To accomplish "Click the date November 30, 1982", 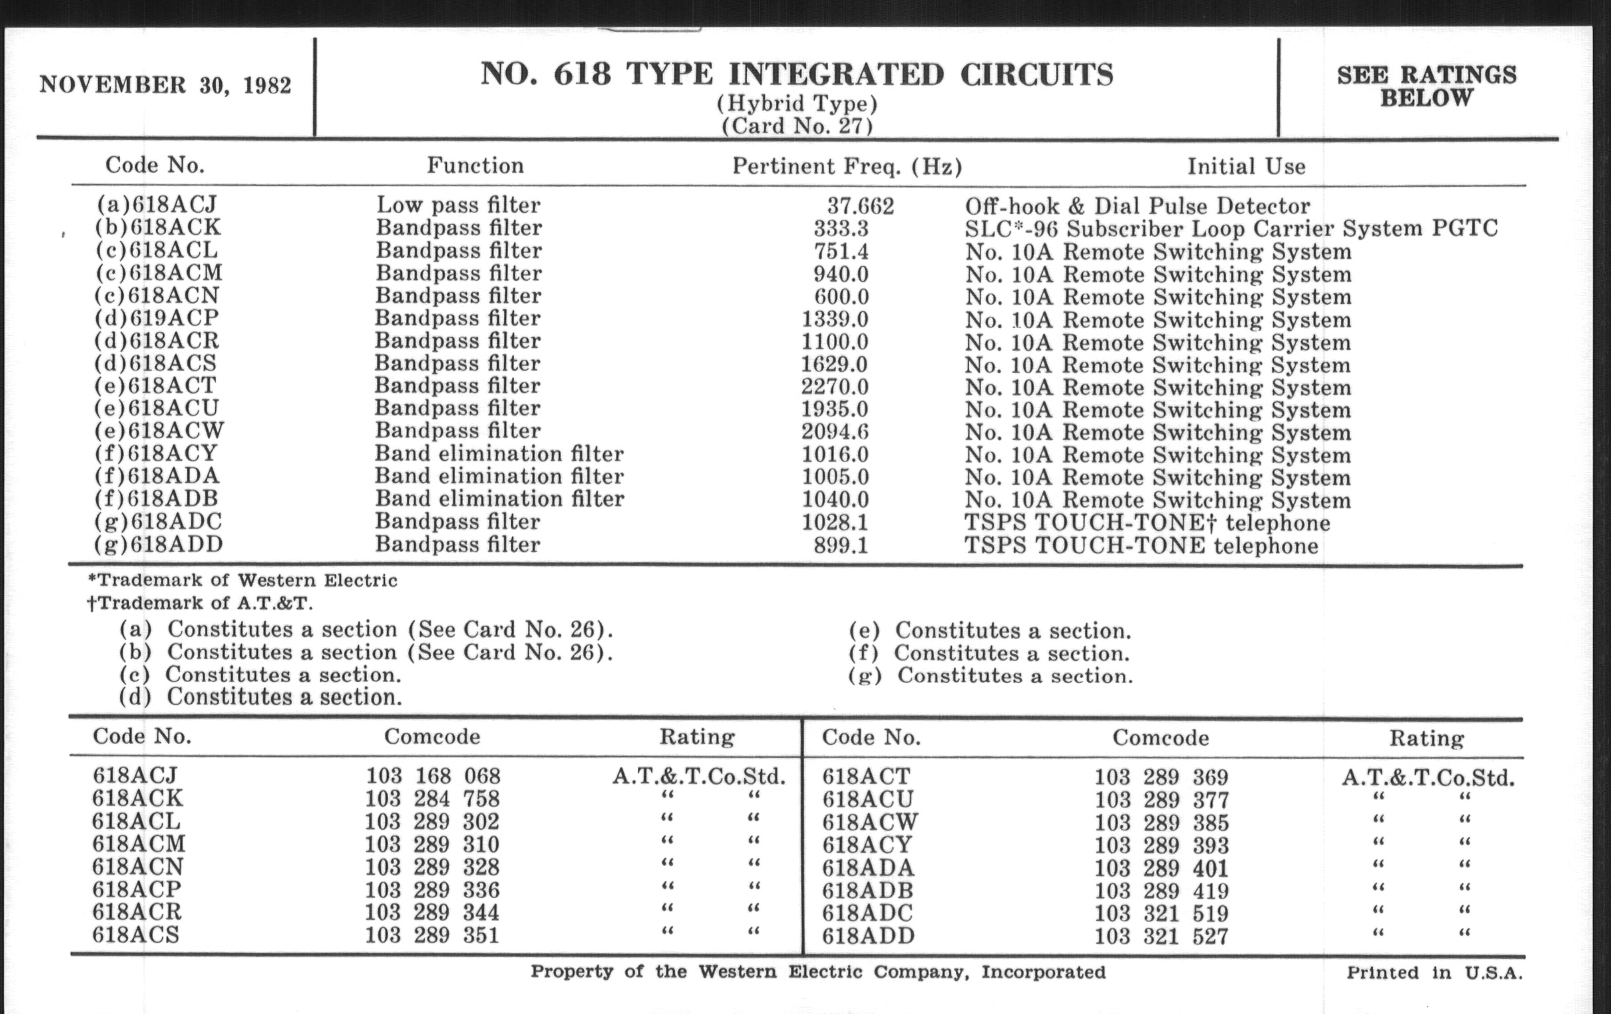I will [165, 85].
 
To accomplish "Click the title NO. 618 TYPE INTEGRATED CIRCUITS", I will [796, 74].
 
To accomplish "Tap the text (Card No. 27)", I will [796, 126].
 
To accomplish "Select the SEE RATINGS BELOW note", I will [1426, 86].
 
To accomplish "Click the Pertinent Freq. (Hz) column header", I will [847, 166].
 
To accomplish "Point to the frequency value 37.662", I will [860, 205].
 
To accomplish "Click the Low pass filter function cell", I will [458, 205].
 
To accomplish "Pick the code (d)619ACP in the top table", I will [156, 318].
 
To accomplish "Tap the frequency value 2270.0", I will [835, 386].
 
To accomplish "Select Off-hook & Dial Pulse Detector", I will [1137, 205].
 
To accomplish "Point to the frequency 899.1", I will [841, 545].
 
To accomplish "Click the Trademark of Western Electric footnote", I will [242, 581].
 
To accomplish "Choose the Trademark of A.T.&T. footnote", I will [199, 603].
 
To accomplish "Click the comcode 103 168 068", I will [432, 775].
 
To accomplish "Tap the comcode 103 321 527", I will [1161, 936].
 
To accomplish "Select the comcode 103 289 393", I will [1161, 846].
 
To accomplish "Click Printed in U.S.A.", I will [1434, 972].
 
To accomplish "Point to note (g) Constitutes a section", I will [990, 675].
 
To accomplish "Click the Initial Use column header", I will [1246, 166].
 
